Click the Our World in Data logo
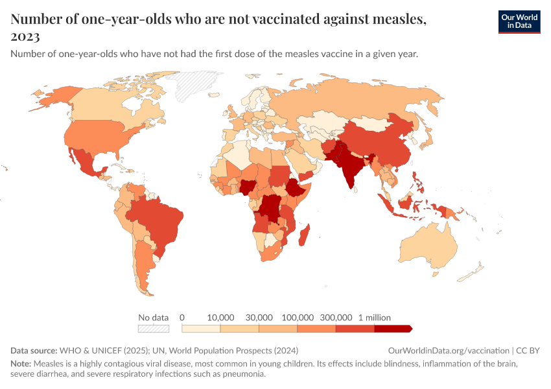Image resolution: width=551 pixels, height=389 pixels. pyautogui.click(x=519, y=21)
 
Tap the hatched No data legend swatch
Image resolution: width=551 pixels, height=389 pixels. pyautogui.click(x=154, y=329)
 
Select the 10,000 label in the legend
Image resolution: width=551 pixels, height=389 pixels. pyautogui.click(x=220, y=318)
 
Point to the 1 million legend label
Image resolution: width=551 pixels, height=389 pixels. pyautogui.click(x=374, y=318)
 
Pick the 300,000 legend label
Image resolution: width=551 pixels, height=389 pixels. pyautogui.click(x=336, y=318)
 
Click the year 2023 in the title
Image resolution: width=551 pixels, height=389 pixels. pyautogui.click(x=25, y=36)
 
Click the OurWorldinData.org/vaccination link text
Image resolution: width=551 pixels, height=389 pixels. pyautogui.click(x=448, y=350)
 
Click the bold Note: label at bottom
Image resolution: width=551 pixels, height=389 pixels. pyautogui.click(x=21, y=363)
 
